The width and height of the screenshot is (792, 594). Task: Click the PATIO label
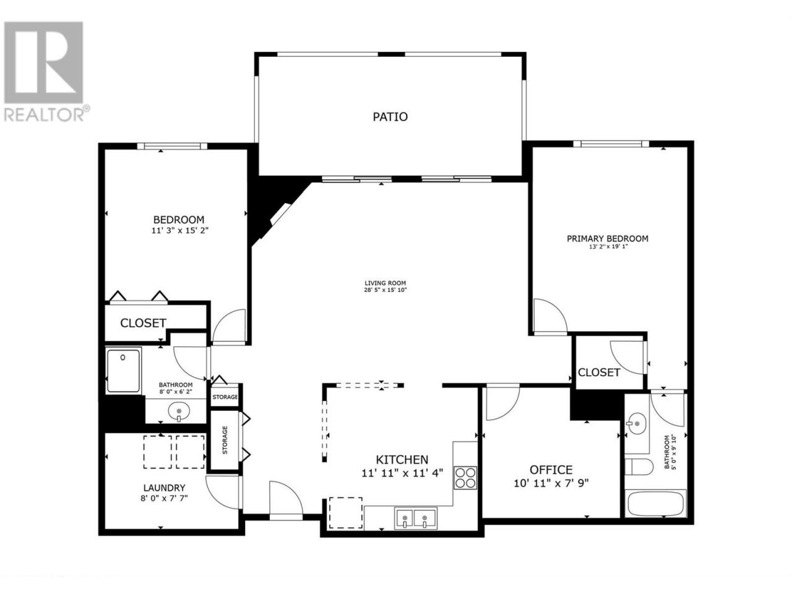[390, 117]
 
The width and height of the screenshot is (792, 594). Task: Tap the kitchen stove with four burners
[465, 478]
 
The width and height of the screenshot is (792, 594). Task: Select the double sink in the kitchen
[415, 518]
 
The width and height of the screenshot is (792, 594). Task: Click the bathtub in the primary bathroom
[655, 504]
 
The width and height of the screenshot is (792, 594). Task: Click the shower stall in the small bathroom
[123, 371]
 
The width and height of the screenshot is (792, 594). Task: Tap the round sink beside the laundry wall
[179, 411]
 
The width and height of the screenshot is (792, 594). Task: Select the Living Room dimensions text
[385, 290]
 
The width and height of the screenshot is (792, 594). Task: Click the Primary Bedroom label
[607, 238]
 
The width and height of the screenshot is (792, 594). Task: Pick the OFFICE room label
[551, 470]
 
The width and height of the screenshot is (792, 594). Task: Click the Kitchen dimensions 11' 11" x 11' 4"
[402, 473]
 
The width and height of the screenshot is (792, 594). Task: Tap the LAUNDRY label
[164, 488]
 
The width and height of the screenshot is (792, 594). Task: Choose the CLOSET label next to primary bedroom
[599, 372]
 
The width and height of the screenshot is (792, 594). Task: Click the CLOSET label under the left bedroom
[143, 323]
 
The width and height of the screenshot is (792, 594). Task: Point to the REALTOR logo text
[44, 114]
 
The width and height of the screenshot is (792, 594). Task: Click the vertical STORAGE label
[225, 440]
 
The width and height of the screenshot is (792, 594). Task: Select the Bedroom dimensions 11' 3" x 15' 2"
[179, 230]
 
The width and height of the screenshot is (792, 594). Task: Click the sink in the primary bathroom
[637, 424]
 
